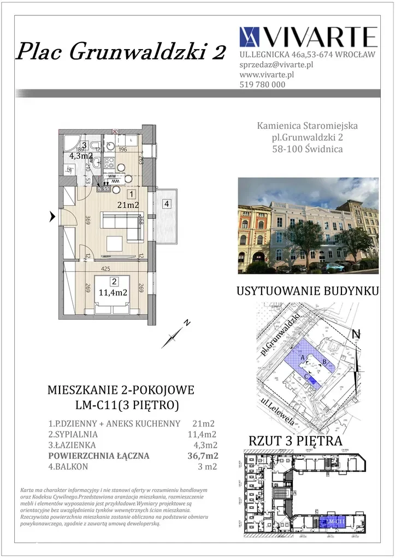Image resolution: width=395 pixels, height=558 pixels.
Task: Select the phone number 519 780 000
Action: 262,85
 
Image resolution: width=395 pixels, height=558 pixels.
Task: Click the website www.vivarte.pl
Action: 267,74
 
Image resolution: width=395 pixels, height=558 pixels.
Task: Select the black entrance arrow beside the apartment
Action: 52,217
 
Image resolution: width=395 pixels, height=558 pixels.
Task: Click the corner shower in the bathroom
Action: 70,143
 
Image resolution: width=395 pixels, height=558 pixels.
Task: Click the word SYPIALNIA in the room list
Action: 73,435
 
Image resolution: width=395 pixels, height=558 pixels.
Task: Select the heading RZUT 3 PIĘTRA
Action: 296,441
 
